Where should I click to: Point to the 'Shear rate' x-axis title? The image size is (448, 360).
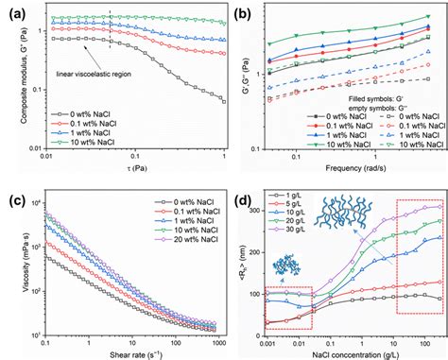coord(124,354)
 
